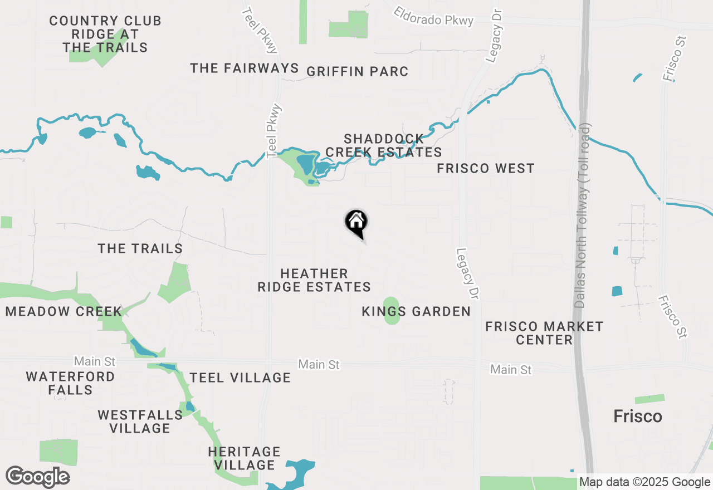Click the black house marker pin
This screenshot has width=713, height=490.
tap(356, 223)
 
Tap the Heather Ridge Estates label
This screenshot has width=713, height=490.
tap(314, 280)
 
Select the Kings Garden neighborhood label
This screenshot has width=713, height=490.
tap(416, 311)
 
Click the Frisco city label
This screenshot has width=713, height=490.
tap(637, 416)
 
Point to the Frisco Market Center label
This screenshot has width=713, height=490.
tap(544, 333)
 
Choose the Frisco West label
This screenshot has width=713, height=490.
tap(485, 168)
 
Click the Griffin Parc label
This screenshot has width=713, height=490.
tap(357, 71)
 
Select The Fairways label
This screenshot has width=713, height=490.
tap(245, 68)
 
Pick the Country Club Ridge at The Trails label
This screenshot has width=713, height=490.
tap(105, 34)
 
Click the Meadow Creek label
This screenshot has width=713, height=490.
tap(64, 311)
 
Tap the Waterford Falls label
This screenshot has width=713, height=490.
tap(70, 383)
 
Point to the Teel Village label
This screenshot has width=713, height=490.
tap(240, 378)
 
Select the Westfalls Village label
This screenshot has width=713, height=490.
tap(140, 422)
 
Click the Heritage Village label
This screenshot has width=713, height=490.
tap(244, 458)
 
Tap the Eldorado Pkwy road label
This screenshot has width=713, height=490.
tap(433, 16)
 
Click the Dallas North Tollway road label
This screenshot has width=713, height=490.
tap(582, 217)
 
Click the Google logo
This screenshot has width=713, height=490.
tap(37, 477)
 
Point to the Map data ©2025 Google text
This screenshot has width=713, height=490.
tap(644, 482)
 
